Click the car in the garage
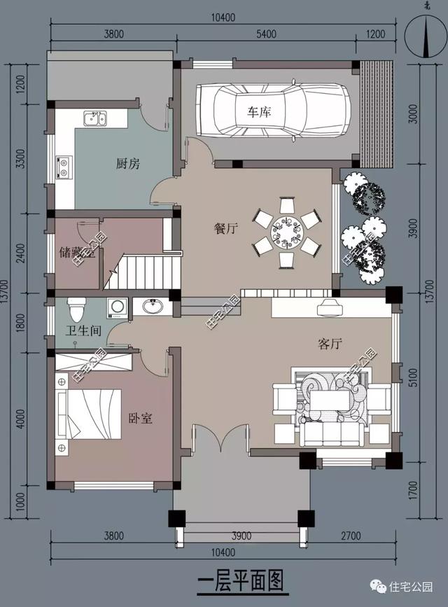[x=274, y=111]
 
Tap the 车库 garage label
[x=259, y=112]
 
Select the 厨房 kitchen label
[x=128, y=164]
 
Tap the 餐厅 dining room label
[x=225, y=228]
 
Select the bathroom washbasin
[x=153, y=307]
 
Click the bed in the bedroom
[x=88, y=414]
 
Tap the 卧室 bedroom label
[x=140, y=419]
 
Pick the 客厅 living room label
[x=330, y=343]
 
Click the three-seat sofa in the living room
[x=333, y=434]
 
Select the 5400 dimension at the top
[x=267, y=34]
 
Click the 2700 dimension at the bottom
[x=351, y=536]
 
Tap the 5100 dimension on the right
[x=413, y=377]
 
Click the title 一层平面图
[x=241, y=580]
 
